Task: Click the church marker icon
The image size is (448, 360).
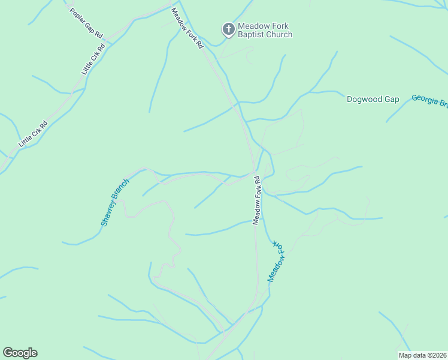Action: [x=228, y=29]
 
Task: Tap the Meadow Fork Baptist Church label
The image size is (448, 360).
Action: [x=265, y=30]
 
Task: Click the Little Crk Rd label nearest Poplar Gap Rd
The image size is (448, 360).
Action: [x=93, y=59]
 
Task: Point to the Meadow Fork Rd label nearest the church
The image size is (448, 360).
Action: [x=187, y=28]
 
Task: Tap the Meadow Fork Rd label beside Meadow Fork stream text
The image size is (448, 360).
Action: [x=257, y=200]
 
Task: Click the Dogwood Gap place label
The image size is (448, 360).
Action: [x=373, y=99]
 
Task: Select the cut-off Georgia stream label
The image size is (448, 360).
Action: [x=429, y=101]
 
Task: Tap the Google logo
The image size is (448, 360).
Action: [x=20, y=353]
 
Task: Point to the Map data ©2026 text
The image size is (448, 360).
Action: [x=423, y=355]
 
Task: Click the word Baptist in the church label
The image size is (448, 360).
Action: [x=252, y=35]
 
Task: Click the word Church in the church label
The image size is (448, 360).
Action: [x=279, y=35]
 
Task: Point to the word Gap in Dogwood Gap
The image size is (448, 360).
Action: [x=392, y=99]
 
